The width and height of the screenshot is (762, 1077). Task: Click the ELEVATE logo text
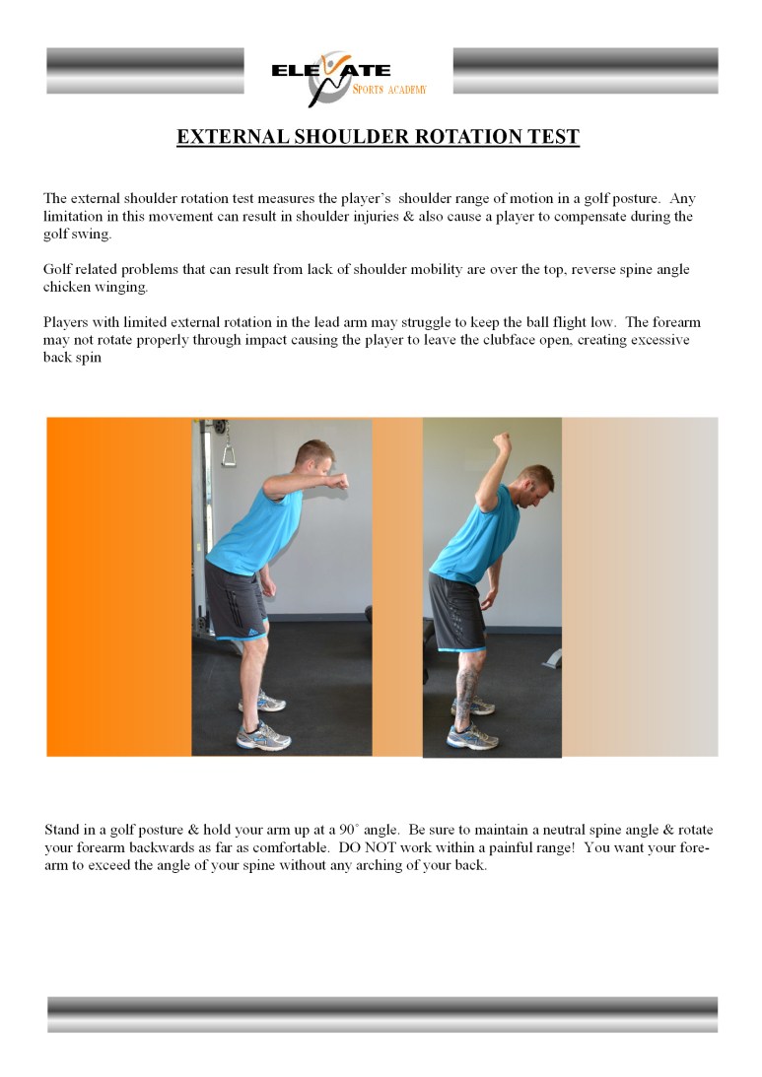point(331,71)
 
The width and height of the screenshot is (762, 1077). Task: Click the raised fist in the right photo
point(503,440)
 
